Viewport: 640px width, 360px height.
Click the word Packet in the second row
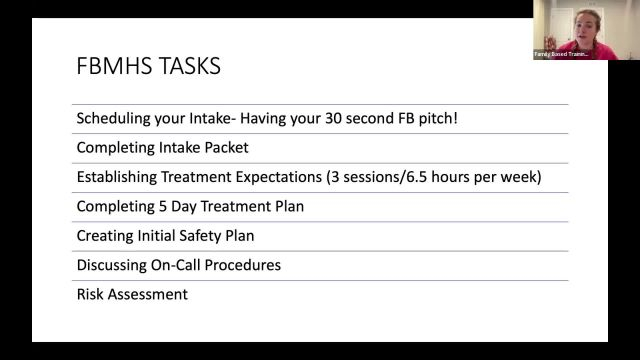point(223,148)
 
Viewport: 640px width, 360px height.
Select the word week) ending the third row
point(521,178)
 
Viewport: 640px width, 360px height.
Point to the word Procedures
point(267,265)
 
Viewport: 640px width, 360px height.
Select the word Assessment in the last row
point(150,295)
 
